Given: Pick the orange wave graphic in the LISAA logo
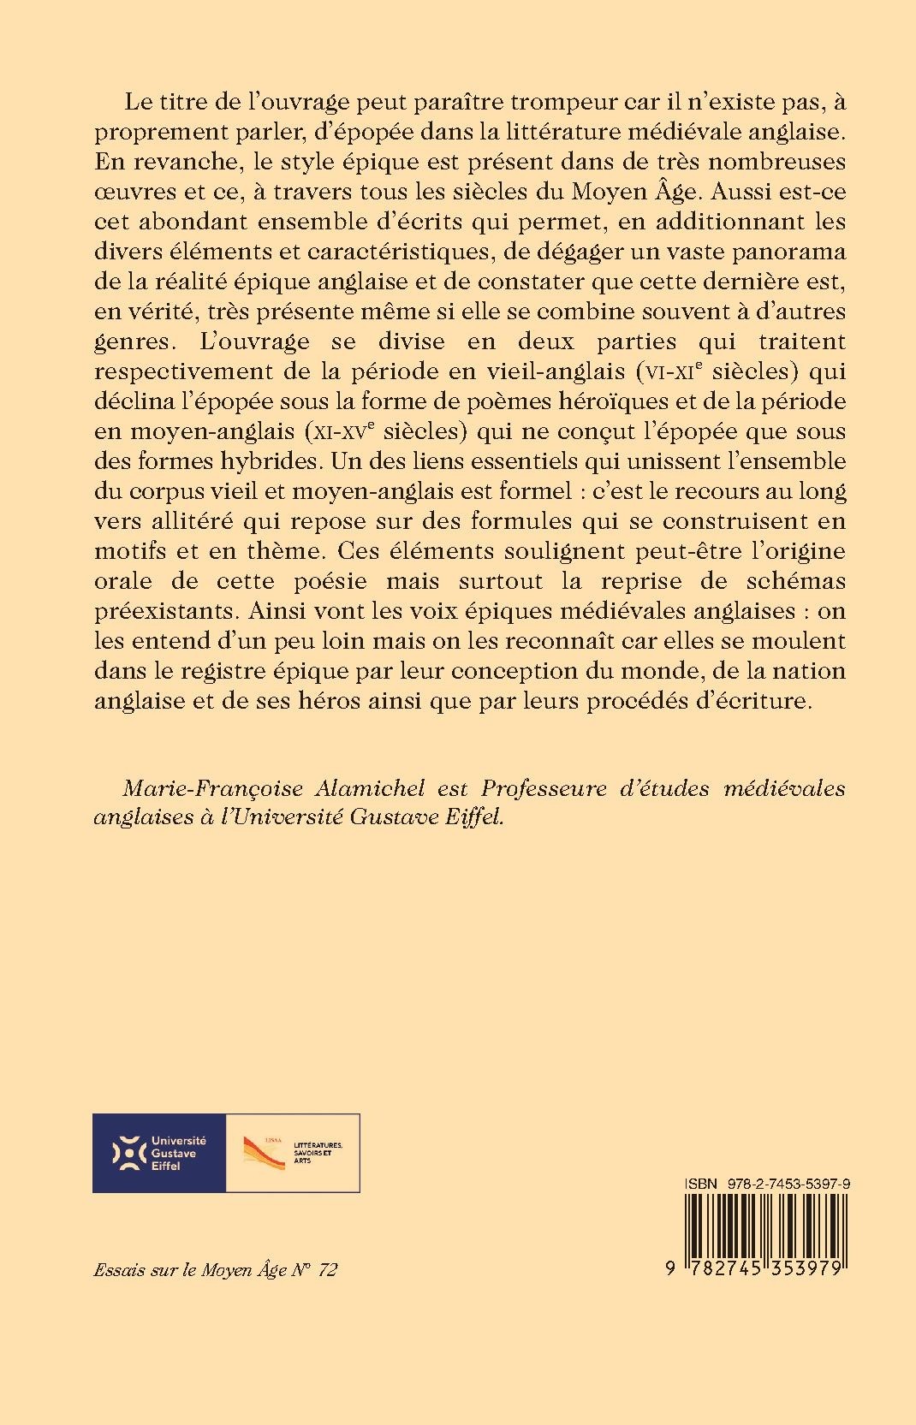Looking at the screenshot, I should click(x=264, y=1152).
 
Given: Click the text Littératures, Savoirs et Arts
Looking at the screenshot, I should click(x=318, y=1152).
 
